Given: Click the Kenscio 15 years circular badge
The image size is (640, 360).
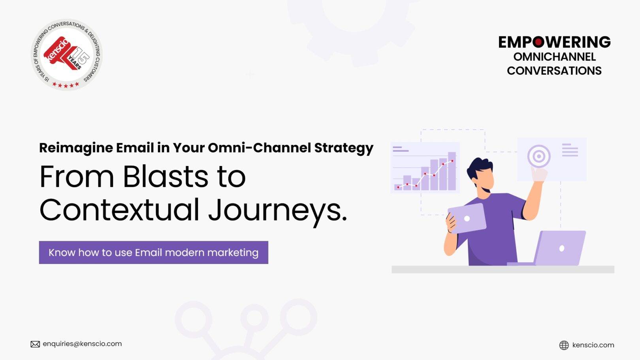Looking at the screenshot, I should pos(66,55).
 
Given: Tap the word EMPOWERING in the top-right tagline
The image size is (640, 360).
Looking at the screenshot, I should pos(554,42).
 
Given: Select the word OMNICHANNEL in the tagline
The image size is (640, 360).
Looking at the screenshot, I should pos(554,57).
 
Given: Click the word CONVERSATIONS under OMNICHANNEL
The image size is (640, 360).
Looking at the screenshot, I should pos(554,71).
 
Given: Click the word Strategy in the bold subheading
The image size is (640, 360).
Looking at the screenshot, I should pos(343,148).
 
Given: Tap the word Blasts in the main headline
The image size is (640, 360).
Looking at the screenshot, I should pos(165,177).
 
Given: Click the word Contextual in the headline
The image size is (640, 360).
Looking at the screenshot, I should pos(119,210).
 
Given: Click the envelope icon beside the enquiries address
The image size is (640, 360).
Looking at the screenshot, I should pos(35,344).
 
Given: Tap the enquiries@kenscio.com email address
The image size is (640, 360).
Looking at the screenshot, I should pos(82,344).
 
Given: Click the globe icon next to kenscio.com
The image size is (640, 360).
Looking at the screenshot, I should pos(564,345).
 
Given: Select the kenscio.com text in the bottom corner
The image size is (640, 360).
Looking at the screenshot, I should pos(593,345).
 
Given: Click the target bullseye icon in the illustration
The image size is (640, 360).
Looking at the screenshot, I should pos(538,156).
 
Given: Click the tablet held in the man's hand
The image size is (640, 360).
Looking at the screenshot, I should pos(467,218).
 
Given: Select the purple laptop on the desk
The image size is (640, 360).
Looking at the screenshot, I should pos(559,248).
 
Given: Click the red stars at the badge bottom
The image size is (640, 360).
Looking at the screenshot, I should pos(66,85).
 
